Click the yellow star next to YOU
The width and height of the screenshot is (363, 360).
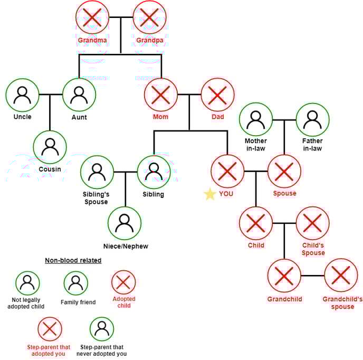tap(210, 194)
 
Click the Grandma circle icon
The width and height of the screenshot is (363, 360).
tap(92, 18)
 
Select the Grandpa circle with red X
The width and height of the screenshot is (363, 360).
tap(149, 18)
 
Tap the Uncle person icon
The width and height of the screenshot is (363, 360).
tap(22, 95)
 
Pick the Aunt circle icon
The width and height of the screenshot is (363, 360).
tap(79, 95)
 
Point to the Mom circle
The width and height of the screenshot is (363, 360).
tap(161, 95)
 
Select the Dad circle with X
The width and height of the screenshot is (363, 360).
tap(217, 95)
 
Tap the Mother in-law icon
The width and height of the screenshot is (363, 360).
tap(256, 119)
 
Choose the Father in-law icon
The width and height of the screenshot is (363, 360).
tap(312, 119)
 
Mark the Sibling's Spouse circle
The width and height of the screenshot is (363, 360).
tap(97, 172)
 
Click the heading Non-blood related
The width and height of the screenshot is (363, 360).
tap(73, 260)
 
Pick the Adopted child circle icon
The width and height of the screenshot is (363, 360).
tap(123, 282)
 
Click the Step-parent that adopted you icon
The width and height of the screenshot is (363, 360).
tap(50, 329)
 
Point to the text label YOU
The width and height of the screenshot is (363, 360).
tap(226, 194)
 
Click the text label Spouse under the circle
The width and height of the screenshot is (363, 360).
tap(284, 193)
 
